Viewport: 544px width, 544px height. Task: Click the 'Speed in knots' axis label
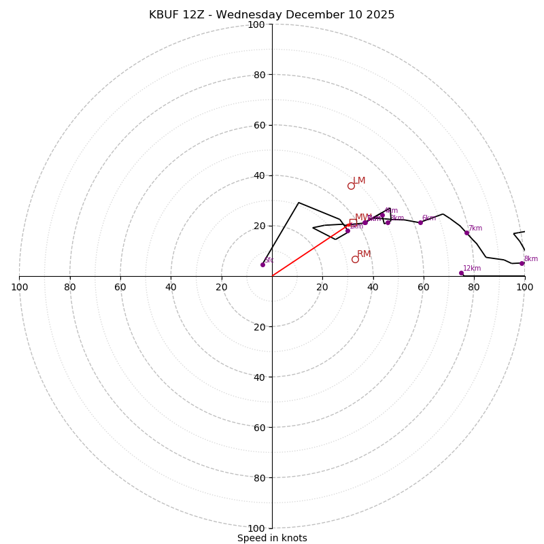tap(272, 538)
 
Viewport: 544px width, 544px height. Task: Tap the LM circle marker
tap(351, 186)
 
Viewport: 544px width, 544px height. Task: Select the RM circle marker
tap(355, 259)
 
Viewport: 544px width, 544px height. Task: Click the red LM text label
tap(359, 181)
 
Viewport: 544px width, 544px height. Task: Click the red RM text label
tap(364, 254)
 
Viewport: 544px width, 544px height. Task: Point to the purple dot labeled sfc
tap(262, 265)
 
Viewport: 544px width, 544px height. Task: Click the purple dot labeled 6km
tap(420, 222)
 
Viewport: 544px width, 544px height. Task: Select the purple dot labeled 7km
tap(466, 233)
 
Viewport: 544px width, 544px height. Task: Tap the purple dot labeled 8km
tap(522, 263)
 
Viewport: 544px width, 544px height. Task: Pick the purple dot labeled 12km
tap(461, 273)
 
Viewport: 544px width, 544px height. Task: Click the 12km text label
tap(472, 269)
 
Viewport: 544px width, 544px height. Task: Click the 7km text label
tap(475, 228)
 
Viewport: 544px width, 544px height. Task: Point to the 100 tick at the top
tap(256, 24)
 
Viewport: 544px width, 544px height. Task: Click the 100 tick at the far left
tap(19, 287)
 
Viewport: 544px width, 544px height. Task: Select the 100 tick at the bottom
tap(256, 528)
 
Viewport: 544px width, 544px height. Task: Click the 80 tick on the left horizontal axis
tap(70, 287)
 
